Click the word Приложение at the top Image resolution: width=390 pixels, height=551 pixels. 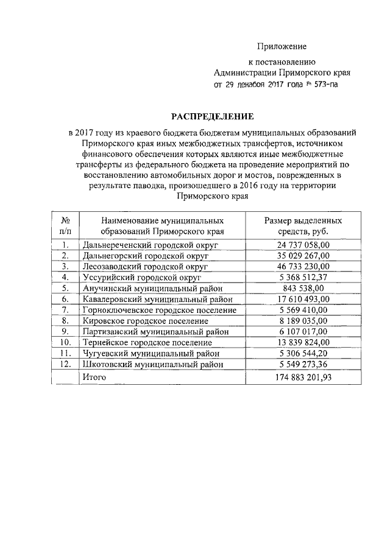[x=281, y=47]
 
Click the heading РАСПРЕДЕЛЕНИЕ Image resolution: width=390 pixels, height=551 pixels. [x=211, y=116]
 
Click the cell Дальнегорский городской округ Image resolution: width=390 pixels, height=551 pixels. [x=144, y=256]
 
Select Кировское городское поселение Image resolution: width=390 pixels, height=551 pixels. [x=143, y=321]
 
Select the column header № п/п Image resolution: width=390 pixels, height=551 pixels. [x=65, y=226]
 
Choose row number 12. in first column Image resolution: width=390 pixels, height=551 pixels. [x=65, y=365]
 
